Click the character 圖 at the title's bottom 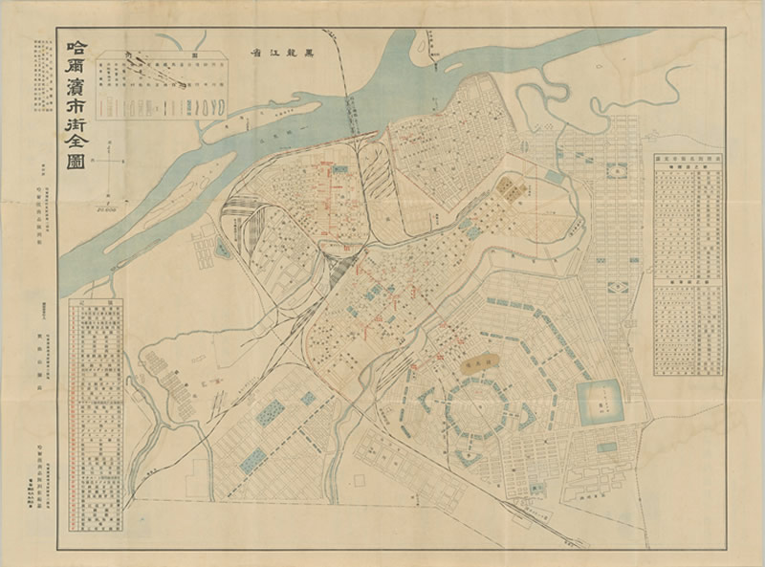(74, 155)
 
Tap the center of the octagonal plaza (476, 409)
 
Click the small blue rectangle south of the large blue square (606, 447)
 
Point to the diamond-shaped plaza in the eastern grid (619, 283)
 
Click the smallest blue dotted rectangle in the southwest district (308, 398)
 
